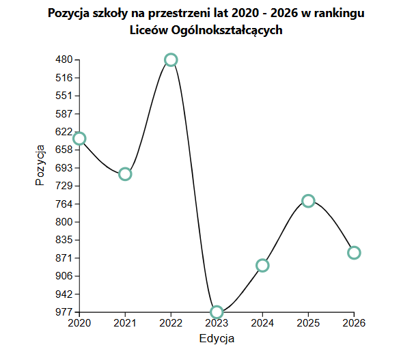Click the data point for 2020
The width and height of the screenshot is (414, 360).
pos(79,139)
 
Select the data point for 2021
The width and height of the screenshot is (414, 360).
pos(125,174)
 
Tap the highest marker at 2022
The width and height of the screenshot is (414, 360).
pos(171,60)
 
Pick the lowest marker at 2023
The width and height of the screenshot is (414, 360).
pos(217,312)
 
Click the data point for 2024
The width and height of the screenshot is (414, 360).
pos(262,265)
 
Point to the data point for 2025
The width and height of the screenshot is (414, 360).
pos(308,201)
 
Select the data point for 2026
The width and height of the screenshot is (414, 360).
pos(354,253)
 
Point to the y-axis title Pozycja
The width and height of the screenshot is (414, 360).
pos(40,165)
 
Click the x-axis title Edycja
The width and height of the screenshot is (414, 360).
pos(217,339)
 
